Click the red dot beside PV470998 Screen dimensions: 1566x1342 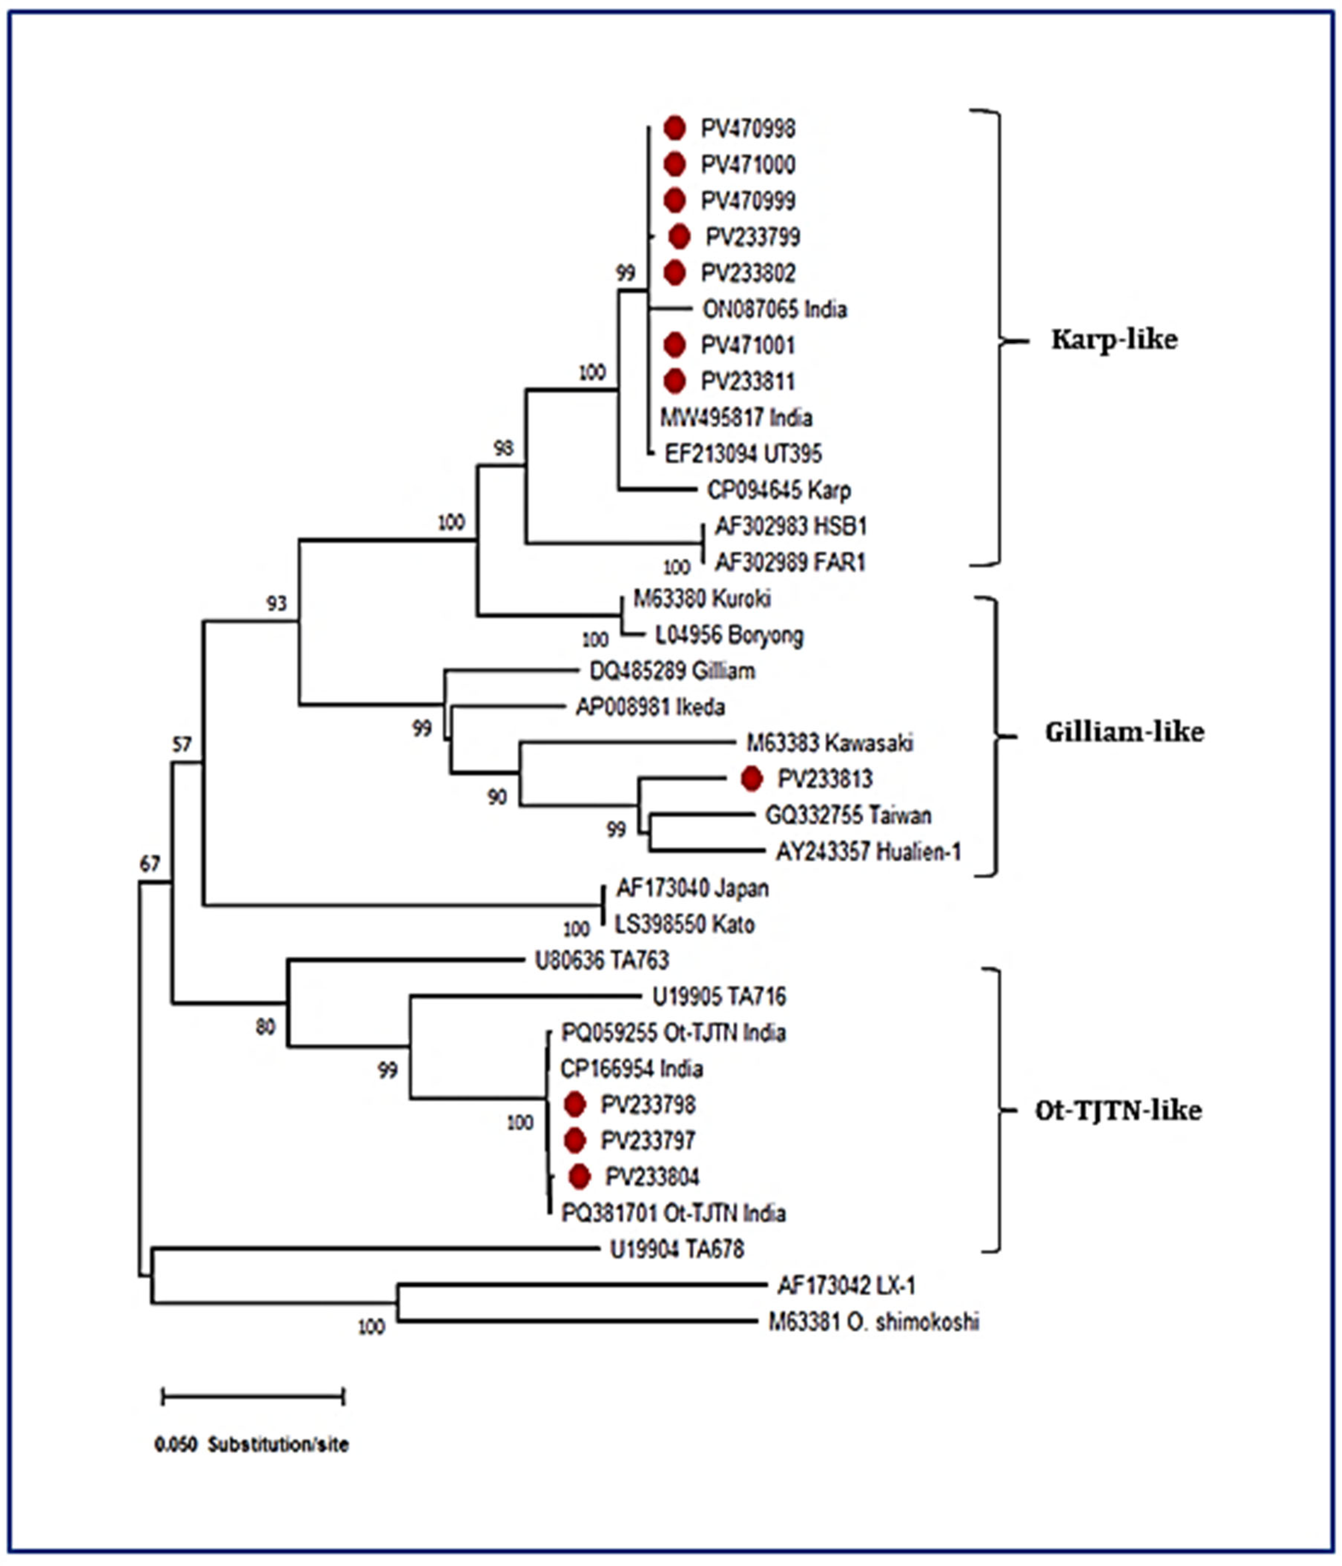[x=675, y=129]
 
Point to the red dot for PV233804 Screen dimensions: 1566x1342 [x=579, y=1177]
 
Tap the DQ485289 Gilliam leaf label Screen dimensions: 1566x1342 [x=672, y=671]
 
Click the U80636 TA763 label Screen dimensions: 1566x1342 [x=601, y=960]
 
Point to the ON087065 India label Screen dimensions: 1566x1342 [x=774, y=309]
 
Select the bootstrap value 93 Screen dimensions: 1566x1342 [x=276, y=603]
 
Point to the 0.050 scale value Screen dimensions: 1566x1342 [x=175, y=1445]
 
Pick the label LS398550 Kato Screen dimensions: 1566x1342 [x=685, y=924]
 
